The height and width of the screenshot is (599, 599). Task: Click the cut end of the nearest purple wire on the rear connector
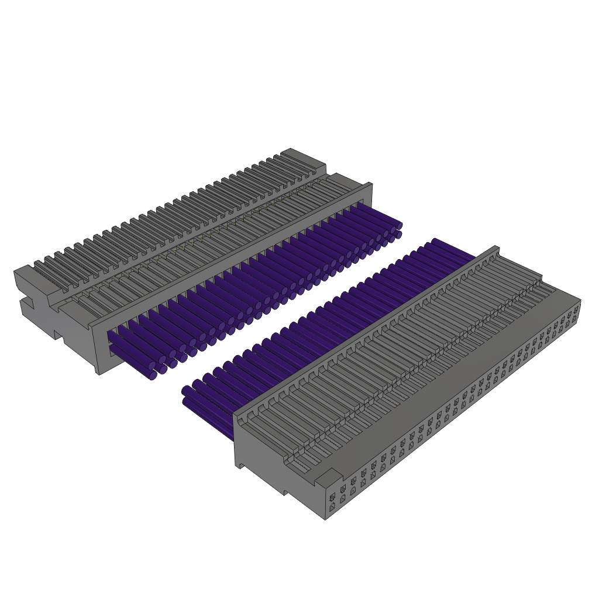[x=153, y=375]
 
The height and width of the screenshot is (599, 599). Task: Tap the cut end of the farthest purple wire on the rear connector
[x=399, y=226]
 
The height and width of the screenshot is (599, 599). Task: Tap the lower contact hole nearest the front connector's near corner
[x=332, y=508]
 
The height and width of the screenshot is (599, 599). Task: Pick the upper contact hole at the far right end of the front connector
[x=576, y=308]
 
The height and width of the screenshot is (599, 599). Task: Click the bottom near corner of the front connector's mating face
[x=326, y=518]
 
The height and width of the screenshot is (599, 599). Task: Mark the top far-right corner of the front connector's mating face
[x=580, y=301]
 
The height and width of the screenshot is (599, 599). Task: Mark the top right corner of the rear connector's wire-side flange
[x=370, y=184]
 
